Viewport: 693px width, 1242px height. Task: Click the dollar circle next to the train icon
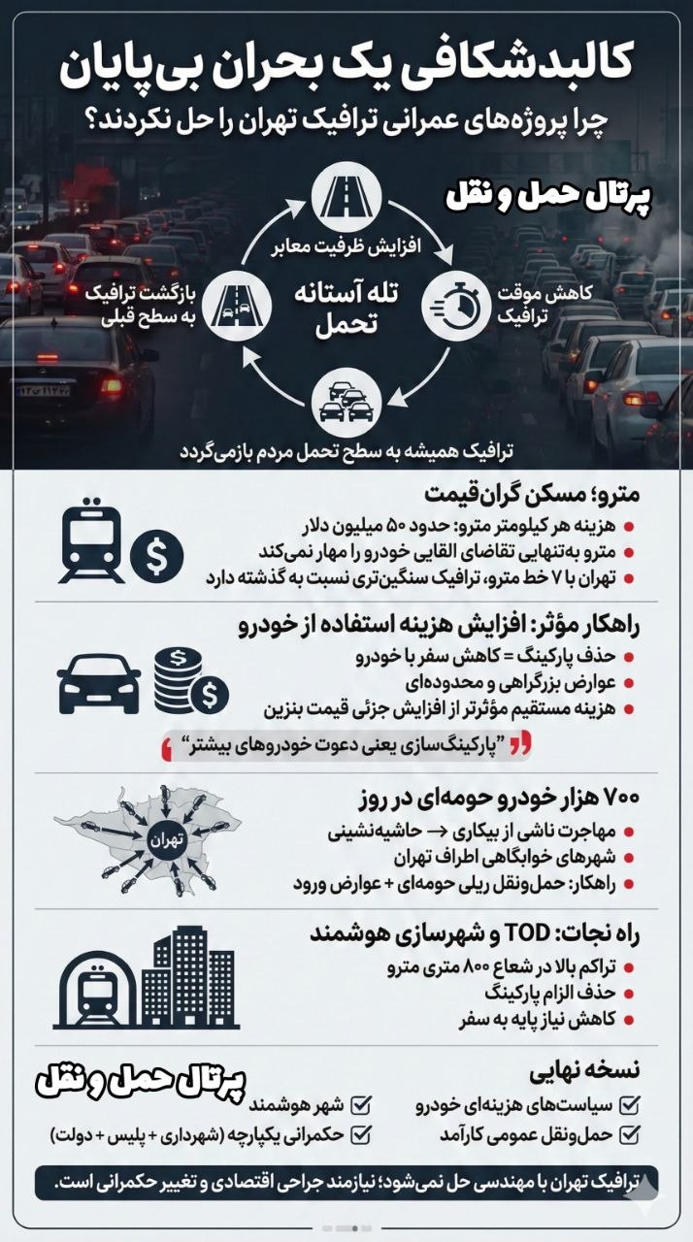click(x=157, y=558)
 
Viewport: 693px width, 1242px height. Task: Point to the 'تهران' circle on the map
click(x=164, y=837)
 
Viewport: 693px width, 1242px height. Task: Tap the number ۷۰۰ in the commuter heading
click(x=615, y=799)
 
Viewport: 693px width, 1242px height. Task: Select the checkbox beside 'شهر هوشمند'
click(x=362, y=1104)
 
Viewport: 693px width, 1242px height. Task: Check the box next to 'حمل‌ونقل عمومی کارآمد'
click(x=629, y=1132)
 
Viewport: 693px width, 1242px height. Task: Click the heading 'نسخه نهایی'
click(x=585, y=1073)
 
